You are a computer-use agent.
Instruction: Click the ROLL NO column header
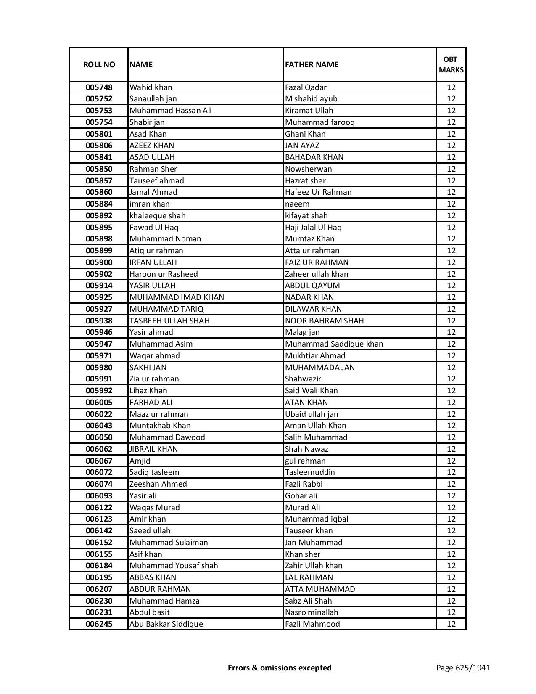coord(99,65)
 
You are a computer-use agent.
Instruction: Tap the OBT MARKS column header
coord(451,65)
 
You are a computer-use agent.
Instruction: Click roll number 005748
coord(99,87)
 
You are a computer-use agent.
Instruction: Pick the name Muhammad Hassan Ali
coord(171,111)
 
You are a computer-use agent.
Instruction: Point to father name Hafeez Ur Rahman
coord(318,192)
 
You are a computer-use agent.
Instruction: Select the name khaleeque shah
coord(157,216)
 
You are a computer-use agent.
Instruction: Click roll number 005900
coord(99,262)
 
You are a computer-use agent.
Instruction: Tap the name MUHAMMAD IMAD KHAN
coord(177,297)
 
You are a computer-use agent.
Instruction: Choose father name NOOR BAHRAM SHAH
coord(324,321)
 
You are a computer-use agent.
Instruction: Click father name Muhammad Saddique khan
coord(334,344)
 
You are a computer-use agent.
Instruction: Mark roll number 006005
coord(99,403)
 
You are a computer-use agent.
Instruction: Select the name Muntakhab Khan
coord(160,426)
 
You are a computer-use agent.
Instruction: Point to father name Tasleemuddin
coord(310,472)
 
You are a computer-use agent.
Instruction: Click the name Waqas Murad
coord(154,508)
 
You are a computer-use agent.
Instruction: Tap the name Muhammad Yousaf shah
coord(174,566)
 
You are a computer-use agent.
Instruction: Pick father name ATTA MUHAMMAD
coord(319,589)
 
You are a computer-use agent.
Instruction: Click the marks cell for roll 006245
coord(451,624)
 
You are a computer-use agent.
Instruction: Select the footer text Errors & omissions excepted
coord(280,668)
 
